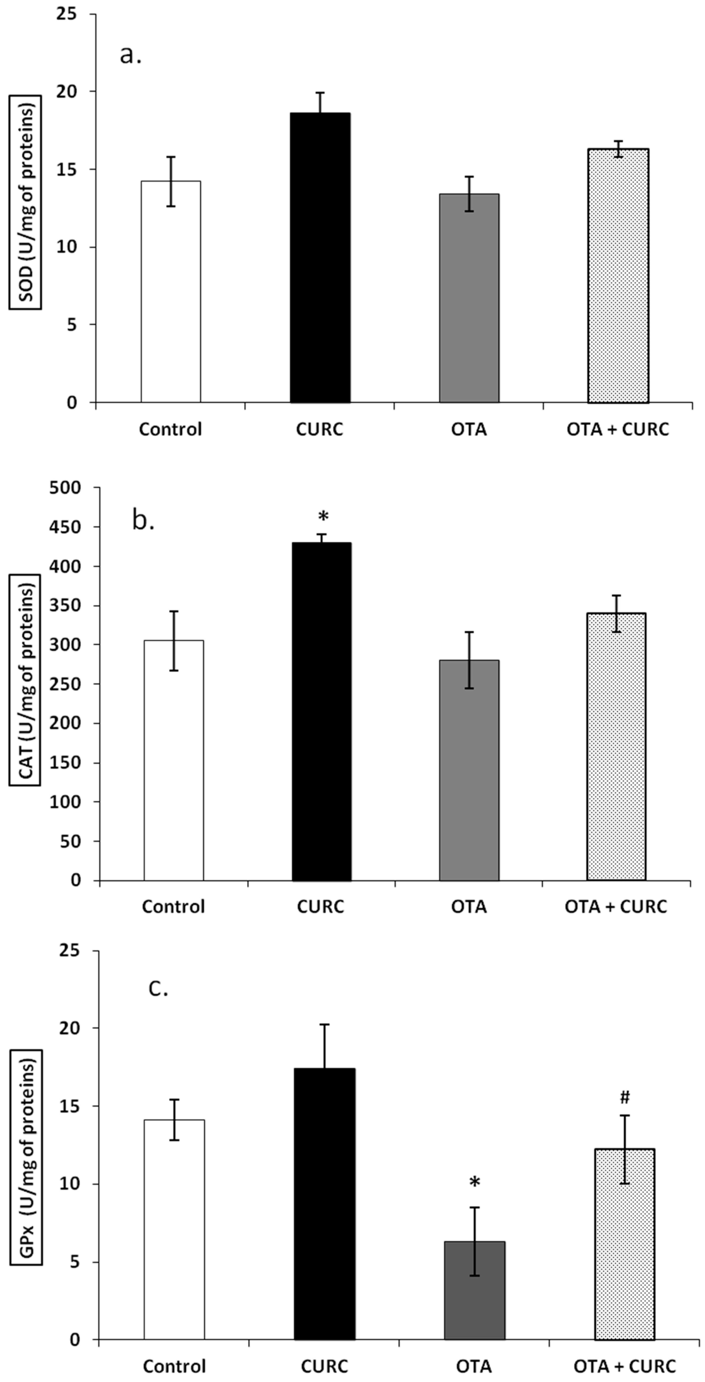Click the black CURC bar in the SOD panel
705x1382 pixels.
(320, 258)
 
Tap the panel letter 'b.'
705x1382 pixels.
(143, 521)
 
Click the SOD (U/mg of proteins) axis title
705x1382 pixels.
(25, 203)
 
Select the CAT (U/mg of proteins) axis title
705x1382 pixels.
(25, 680)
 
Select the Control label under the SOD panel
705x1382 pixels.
(171, 429)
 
